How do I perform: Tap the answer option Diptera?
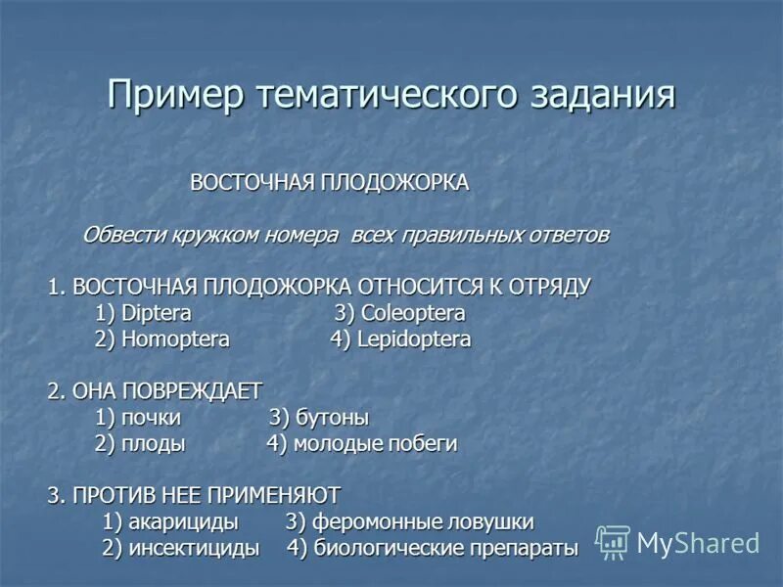point(157,314)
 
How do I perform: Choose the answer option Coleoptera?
point(413,314)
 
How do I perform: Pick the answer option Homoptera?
point(175,339)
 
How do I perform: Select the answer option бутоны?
point(332,418)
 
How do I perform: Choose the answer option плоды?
point(154,443)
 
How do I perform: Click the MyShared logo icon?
point(613,541)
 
